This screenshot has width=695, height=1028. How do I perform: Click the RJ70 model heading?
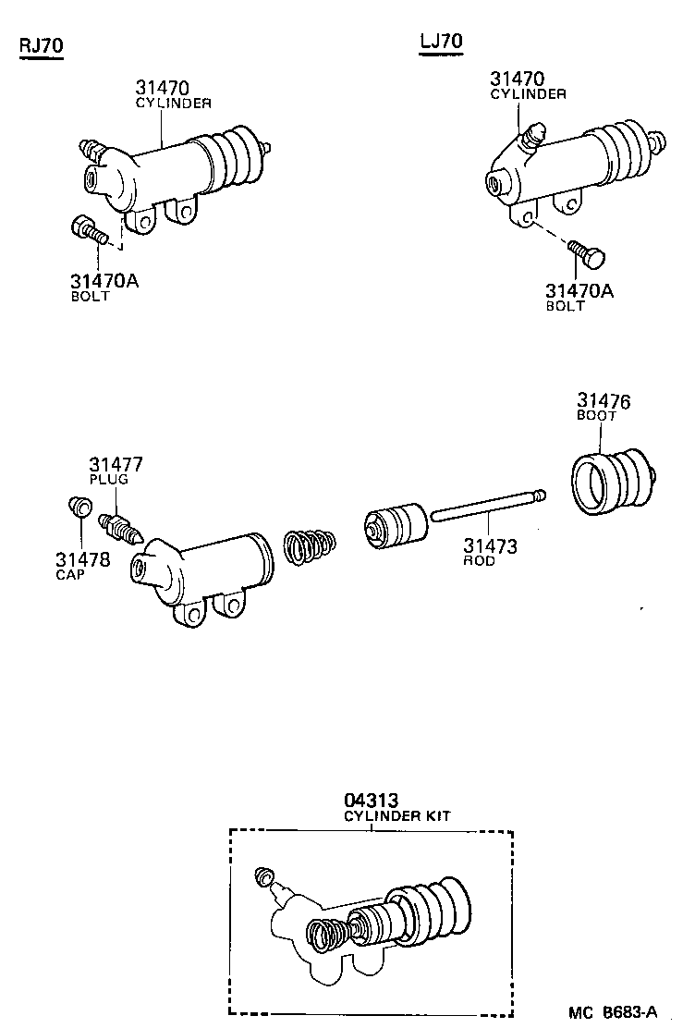41,47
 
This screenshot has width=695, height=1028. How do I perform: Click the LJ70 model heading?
440,42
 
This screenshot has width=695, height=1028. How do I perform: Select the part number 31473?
490,546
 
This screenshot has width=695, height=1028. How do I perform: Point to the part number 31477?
116,465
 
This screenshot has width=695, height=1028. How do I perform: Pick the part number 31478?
81,559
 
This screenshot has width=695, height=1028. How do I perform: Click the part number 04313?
372,801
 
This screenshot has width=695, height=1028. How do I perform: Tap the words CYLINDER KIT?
397,816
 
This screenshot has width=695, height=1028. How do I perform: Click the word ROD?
479,561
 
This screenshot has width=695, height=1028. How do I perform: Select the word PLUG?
109,480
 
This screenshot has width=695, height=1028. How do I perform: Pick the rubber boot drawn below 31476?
608,478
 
